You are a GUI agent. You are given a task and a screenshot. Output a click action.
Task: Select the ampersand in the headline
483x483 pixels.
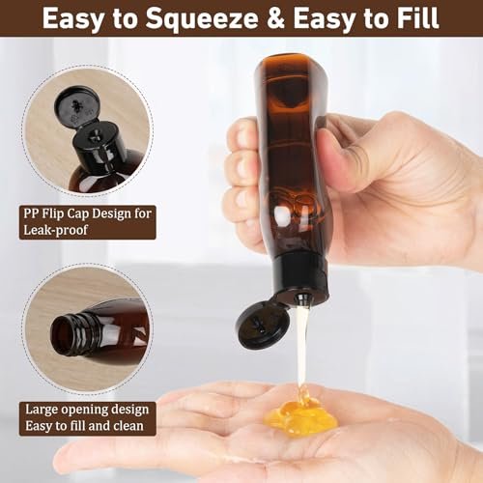click(260, 19)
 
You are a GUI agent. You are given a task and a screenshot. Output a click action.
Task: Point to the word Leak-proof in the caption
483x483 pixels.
click(57, 231)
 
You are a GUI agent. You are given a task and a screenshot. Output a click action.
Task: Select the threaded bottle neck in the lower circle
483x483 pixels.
click(81, 334)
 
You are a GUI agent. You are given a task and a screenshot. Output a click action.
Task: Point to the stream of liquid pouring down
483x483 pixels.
click(301, 348)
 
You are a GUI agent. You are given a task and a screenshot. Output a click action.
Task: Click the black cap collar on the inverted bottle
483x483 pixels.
click(298, 283)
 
